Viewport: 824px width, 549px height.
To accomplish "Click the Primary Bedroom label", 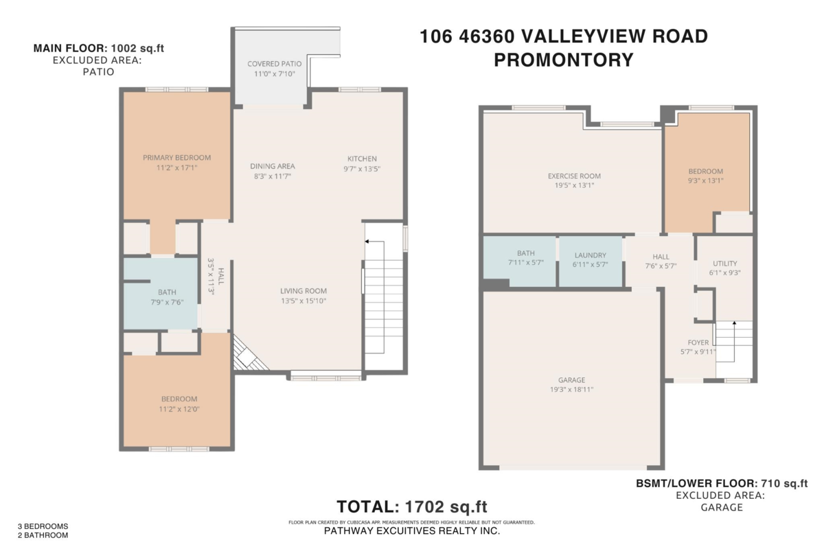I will pos(176,157).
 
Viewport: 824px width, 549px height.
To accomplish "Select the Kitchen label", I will pos(361,159).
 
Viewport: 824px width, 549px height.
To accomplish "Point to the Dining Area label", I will pos(272,166).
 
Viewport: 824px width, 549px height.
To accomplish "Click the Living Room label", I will pos(303,290).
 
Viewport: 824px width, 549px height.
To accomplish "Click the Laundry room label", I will pos(590,255).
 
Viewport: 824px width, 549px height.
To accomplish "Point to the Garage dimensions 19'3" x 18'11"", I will pos(571,389).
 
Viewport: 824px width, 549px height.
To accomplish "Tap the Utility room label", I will pos(724,263).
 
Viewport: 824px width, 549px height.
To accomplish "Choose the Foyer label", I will pos(698,342).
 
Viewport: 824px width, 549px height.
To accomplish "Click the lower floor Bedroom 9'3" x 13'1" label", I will pos(706,172).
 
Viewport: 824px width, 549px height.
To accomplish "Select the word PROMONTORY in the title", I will pos(563,60).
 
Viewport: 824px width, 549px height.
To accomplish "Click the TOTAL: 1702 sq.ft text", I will pos(411,507).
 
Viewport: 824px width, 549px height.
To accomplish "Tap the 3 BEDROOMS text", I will pos(43,526).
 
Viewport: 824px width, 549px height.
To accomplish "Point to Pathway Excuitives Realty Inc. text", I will pos(411,531).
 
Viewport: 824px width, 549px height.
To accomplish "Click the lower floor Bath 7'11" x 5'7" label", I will pos(520,255).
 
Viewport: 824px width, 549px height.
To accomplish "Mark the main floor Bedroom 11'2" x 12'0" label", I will pos(179,399).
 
